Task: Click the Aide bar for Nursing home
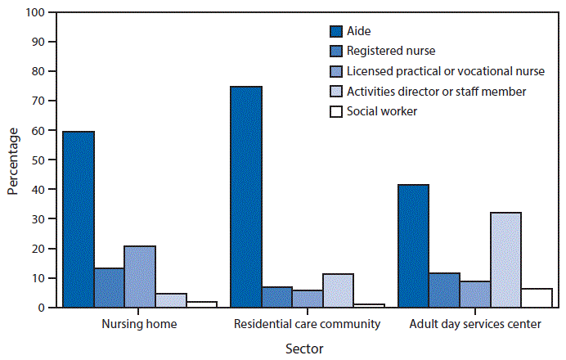(x=79, y=219)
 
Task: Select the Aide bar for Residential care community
(x=246, y=196)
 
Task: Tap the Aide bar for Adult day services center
(x=413, y=245)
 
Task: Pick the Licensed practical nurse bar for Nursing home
(x=140, y=277)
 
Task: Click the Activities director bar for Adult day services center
(x=505, y=260)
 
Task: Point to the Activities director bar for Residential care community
(x=338, y=290)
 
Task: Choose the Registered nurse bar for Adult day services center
(x=444, y=290)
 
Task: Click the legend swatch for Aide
(x=335, y=32)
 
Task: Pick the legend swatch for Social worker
(x=335, y=110)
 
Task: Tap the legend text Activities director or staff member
(x=436, y=91)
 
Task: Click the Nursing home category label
(x=140, y=324)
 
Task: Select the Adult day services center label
(x=474, y=324)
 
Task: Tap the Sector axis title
(x=304, y=349)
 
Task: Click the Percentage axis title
(x=13, y=160)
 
